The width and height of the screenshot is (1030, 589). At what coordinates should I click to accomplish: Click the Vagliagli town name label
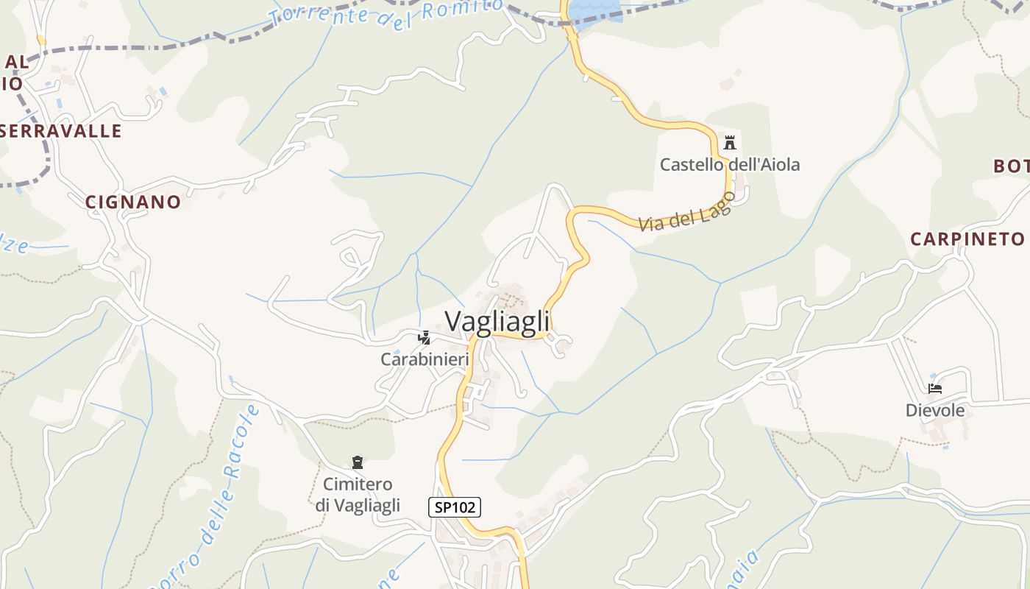click(497, 322)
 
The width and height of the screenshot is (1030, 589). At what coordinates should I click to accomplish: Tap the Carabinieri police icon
click(424, 338)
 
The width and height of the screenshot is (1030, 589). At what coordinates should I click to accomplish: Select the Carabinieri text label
click(425, 359)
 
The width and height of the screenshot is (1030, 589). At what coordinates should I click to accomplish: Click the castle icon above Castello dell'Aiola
click(730, 143)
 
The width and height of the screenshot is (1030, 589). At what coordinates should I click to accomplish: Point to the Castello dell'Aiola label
click(729, 164)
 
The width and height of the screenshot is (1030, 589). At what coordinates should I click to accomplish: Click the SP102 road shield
click(455, 507)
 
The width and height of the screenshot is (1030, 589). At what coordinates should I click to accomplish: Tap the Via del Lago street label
click(686, 213)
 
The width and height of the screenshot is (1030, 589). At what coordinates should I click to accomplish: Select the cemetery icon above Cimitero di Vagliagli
click(358, 463)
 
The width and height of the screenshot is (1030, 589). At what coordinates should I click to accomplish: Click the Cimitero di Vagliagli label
click(358, 494)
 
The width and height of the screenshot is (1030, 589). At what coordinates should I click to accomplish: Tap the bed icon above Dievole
click(935, 389)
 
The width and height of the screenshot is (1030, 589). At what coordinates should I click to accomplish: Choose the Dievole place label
click(935, 410)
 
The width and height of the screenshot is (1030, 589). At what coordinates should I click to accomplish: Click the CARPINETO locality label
click(967, 239)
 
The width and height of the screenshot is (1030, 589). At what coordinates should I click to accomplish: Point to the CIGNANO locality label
click(133, 202)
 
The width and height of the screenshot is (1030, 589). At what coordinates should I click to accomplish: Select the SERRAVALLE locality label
click(60, 131)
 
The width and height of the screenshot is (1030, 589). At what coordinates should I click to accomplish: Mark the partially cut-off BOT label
click(1012, 166)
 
